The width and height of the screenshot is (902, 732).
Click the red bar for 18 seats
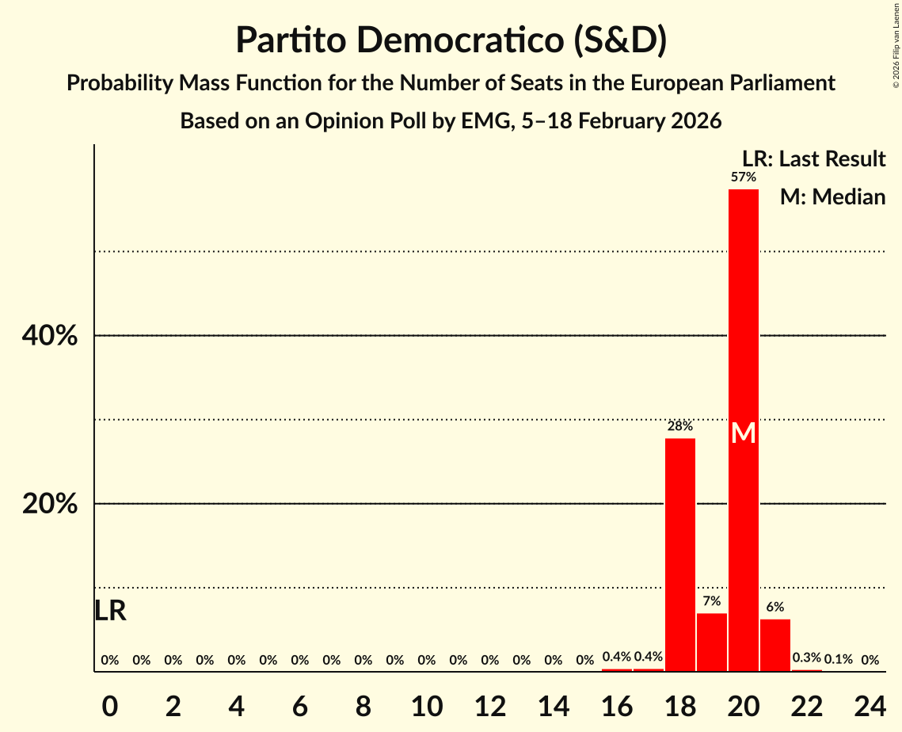(x=680, y=555)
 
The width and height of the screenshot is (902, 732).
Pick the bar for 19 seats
(x=712, y=642)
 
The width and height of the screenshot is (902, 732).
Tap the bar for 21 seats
(x=775, y=645)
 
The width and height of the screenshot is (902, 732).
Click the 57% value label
(x=744, y=177)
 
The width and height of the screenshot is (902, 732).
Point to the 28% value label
(x=680, y=426)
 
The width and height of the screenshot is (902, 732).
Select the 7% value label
(x=712, y=601)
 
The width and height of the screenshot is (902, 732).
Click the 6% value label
(x=775, y=607)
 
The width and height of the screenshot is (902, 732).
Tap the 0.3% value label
(x=807, y=658)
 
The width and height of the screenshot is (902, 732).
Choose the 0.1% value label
(x=839, y=659)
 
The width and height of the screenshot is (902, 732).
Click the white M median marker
(x=744, y=433)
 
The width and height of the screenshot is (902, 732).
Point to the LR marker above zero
(x=110, y=611)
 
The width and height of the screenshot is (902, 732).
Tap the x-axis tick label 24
(x=870, y=703)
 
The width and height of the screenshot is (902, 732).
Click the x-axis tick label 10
(x=427, y=703)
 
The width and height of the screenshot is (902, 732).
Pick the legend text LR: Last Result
(x=813, y=159)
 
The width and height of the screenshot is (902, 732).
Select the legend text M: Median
(x=832, y=196)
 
